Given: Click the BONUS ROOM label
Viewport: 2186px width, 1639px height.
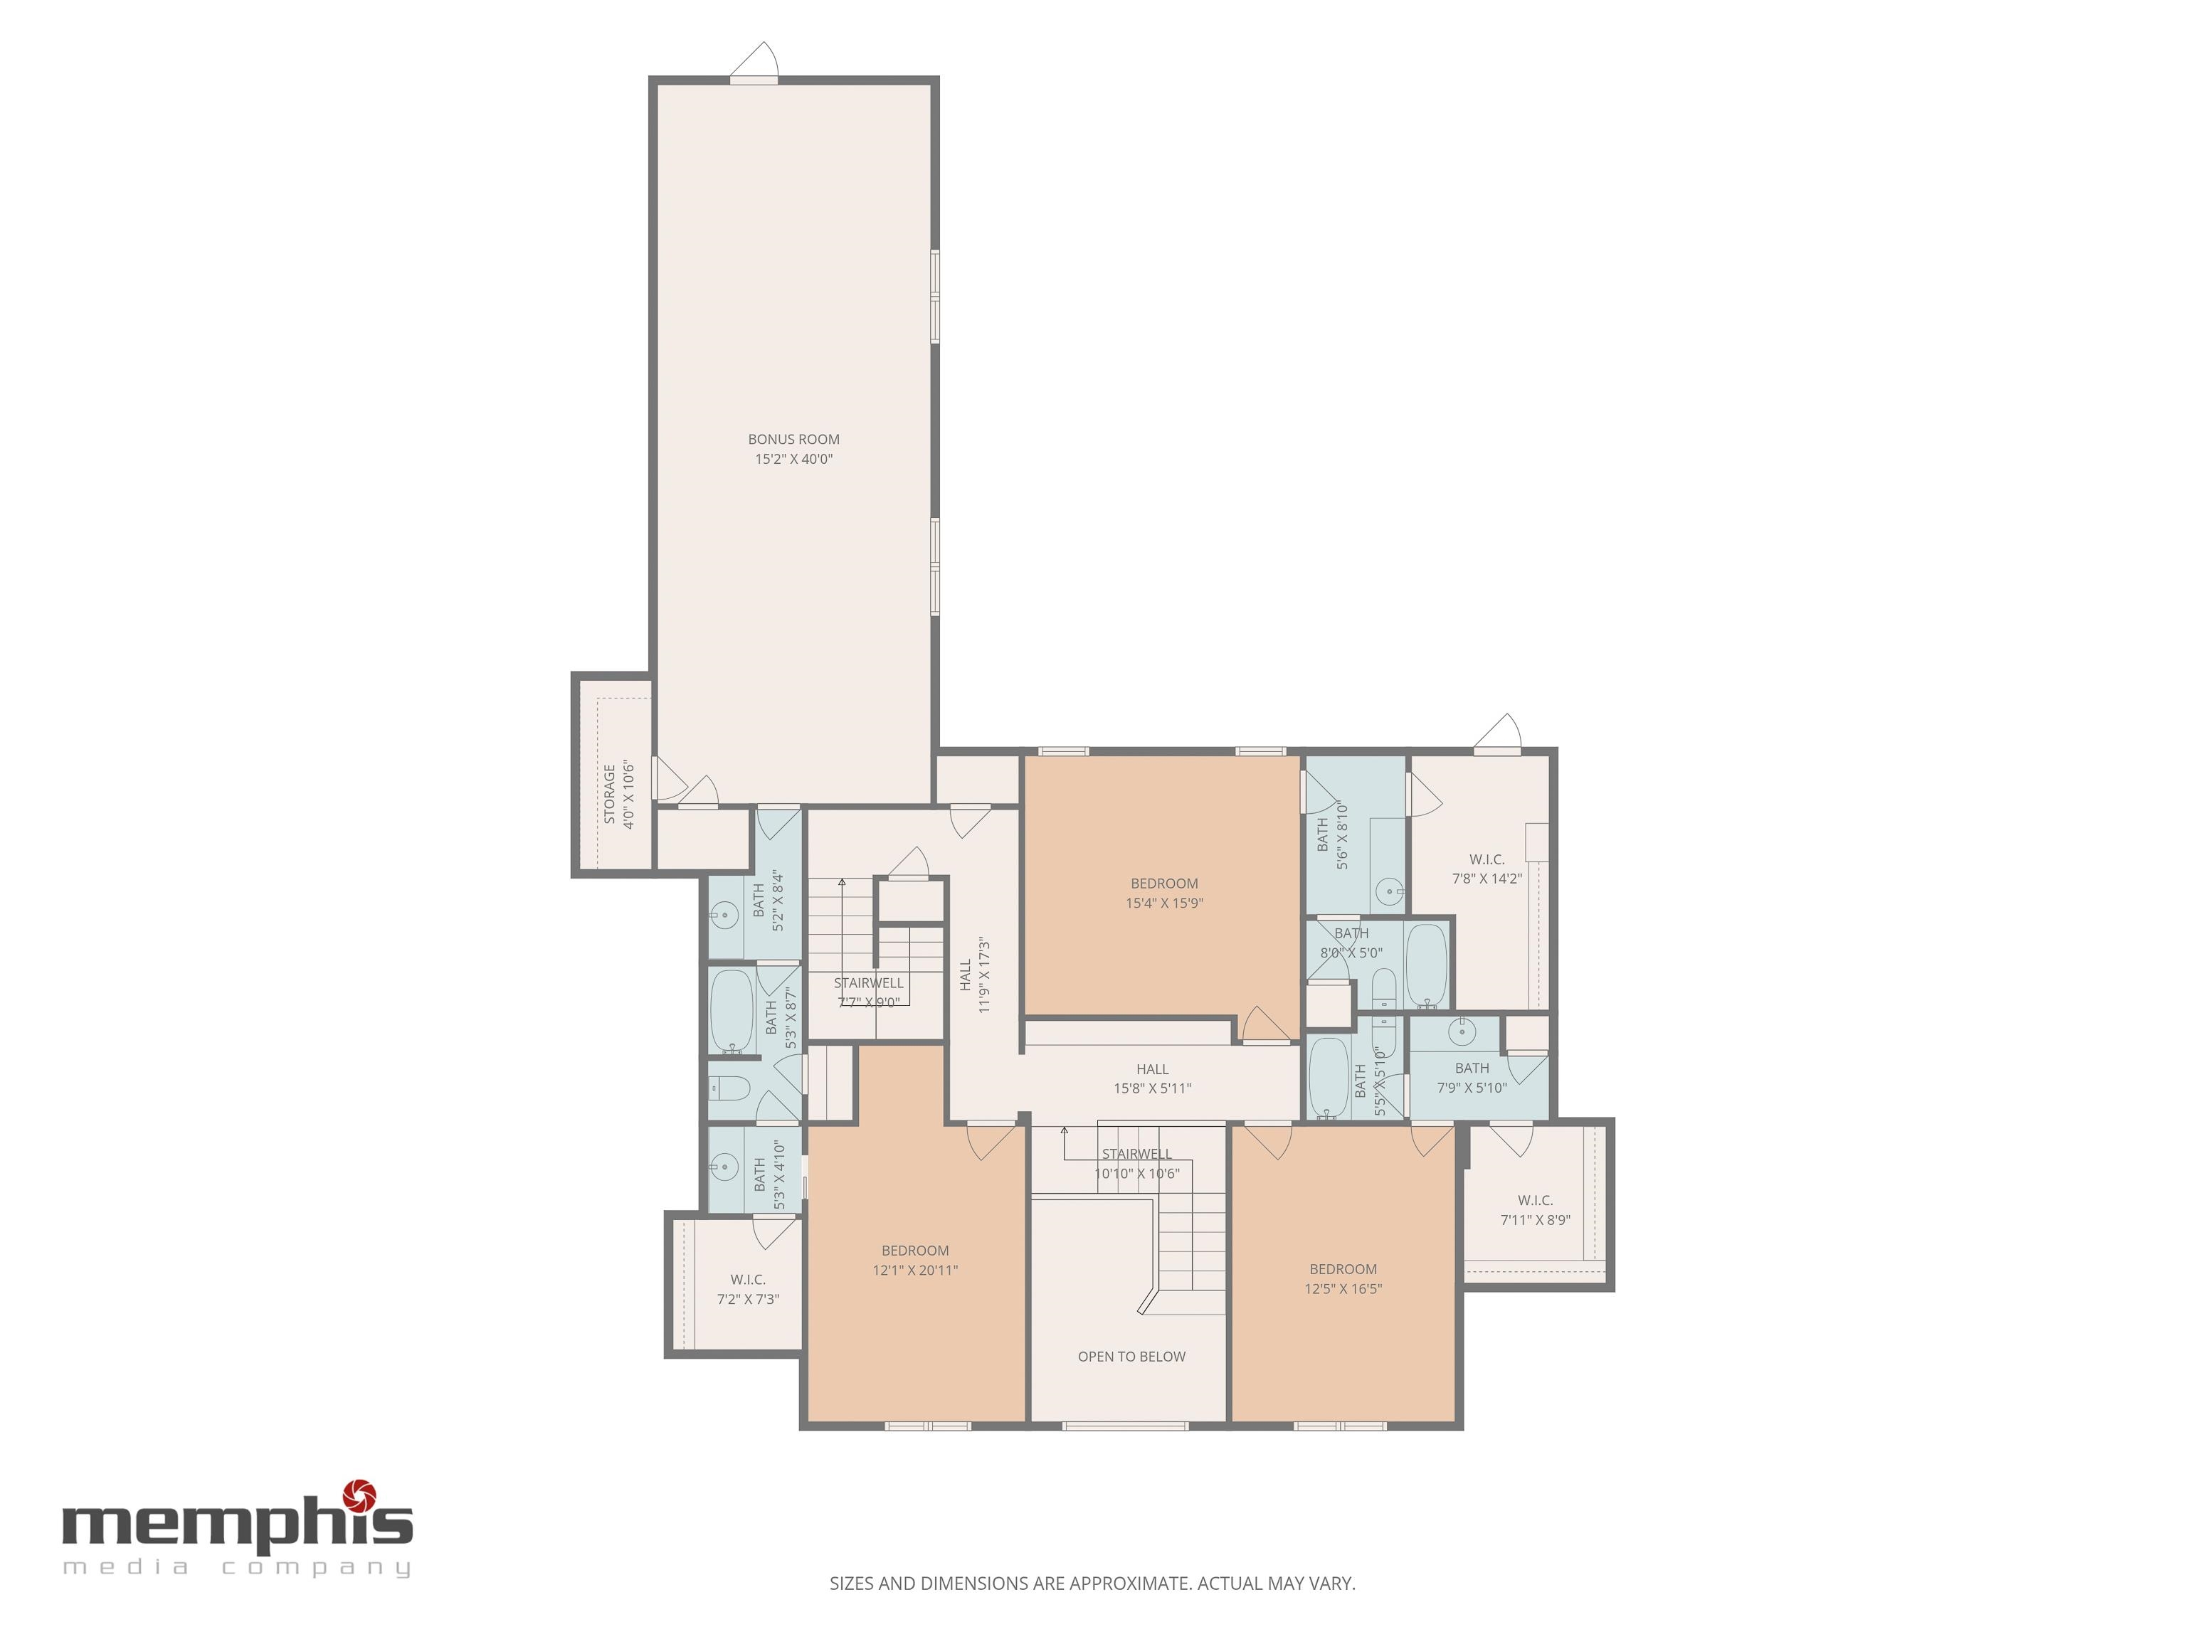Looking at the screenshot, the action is coord(793,440).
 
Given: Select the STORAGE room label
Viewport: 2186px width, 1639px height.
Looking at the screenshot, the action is coord(610,795).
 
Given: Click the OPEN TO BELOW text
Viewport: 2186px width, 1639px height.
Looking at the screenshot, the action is coord(1131,1357).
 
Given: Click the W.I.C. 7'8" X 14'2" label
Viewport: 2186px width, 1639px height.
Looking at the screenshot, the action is coord(1487,869).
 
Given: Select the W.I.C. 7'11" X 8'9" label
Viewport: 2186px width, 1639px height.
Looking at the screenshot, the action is coord(1535,1210).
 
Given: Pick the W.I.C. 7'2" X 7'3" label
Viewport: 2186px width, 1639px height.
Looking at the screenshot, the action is coord(748,1289).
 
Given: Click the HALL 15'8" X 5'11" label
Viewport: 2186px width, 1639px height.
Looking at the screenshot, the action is coord(1152,1079).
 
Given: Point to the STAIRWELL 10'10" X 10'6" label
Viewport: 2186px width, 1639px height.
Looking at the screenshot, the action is coord(1136,1164).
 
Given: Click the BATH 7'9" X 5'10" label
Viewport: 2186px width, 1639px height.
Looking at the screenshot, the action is coord(1472,1078).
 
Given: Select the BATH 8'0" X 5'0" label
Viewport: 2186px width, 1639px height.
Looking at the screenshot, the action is coord(1351,943).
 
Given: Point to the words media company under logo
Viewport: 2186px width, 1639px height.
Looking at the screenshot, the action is coord(237,1568).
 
